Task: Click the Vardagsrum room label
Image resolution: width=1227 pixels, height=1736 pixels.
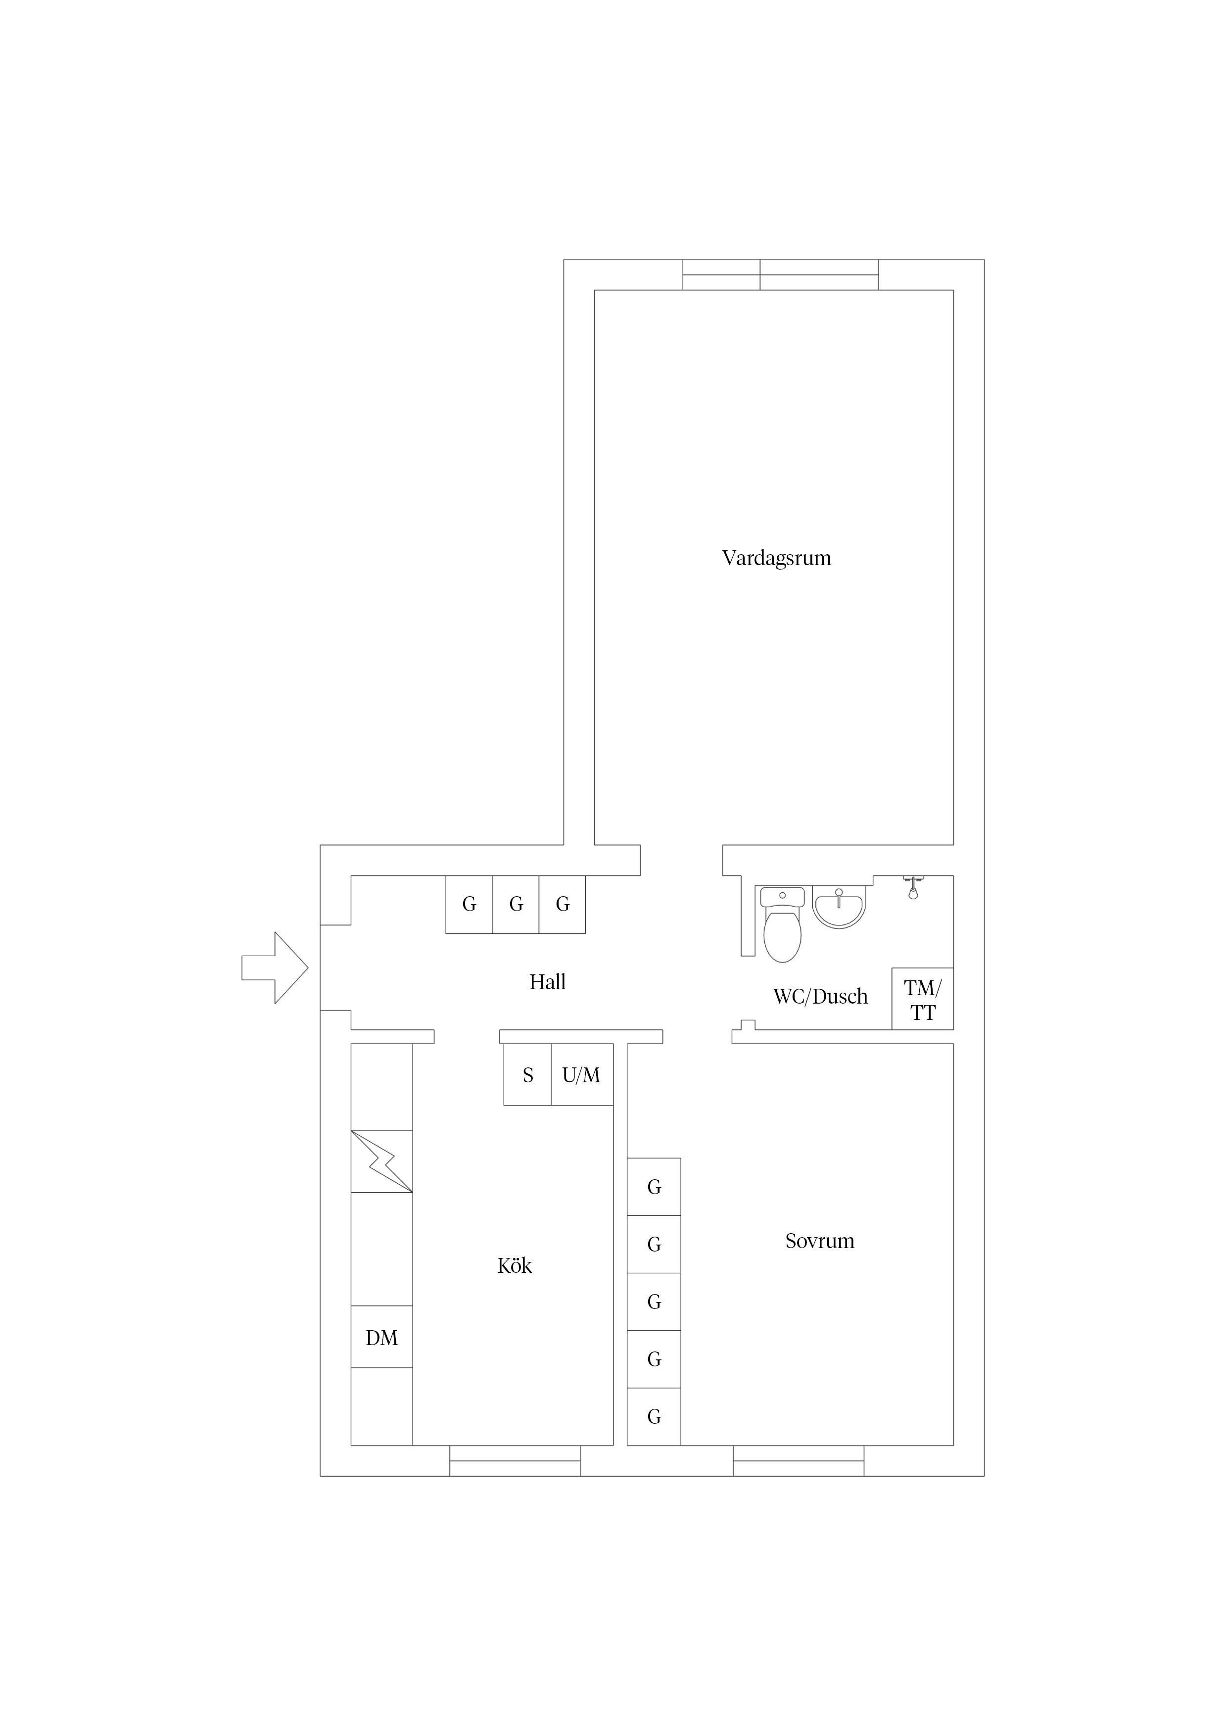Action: (x=776, y=559)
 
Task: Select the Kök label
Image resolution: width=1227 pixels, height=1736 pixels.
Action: (x=515, y=1266)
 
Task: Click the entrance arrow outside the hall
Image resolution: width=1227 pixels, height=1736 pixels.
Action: (x=275, y=968)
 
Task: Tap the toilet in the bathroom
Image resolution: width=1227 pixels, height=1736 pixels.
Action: (x=783, y=925)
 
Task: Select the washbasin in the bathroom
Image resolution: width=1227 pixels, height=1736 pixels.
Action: (x=839, y=907)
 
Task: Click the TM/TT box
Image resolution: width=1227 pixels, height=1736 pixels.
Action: (x=922, y=999)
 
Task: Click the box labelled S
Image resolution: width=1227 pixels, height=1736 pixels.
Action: (x=528, y=1074)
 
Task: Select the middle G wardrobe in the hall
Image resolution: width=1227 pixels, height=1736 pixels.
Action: (x=516, y=904)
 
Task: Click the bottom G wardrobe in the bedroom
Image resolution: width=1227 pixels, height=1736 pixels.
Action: (x=654, y=1417)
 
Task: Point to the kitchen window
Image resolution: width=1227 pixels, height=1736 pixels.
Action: (x=515, y=1461)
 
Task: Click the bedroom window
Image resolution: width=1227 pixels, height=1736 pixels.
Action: (x=799, y=1461)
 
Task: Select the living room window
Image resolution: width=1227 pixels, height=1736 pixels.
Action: (x=781, y=275)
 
